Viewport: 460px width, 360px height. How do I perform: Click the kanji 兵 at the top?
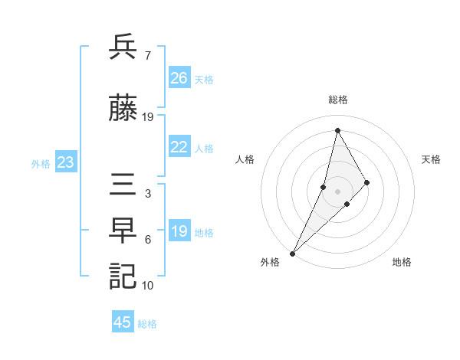[123, 47]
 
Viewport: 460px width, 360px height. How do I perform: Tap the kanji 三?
[123, 185]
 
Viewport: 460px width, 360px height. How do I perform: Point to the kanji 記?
[123, 276]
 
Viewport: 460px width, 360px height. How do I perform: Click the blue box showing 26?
[179, 78]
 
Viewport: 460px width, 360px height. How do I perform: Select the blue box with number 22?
[179, 148]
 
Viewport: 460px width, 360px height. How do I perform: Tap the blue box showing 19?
[179, 231]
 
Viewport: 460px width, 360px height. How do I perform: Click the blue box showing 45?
[123, 322]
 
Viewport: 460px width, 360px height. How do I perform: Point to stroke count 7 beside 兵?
[147, 56]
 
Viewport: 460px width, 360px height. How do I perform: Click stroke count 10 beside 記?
[148, 285]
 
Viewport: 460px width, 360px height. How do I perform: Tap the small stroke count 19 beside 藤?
[148, 116]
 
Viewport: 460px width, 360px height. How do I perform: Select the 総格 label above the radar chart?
[338, 100]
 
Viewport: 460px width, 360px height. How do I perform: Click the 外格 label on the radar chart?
[270, 262]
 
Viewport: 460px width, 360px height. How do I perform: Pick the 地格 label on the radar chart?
[402, 262]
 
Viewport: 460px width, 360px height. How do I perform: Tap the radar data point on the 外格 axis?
[293, 253]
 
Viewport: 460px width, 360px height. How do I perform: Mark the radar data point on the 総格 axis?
[337, 130]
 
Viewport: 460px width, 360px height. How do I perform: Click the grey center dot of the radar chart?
[337, 181]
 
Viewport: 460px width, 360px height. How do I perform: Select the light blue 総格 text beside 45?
[148, 324]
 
